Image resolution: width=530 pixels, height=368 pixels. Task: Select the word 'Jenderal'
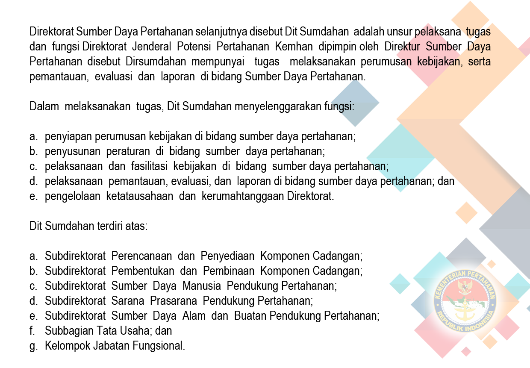151,47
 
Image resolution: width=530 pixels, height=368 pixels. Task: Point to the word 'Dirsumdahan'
156,61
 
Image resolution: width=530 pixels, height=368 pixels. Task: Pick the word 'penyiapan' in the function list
68,137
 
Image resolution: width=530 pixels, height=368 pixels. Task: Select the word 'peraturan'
128,151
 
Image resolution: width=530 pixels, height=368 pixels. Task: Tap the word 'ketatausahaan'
140,196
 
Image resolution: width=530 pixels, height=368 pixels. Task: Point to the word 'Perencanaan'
141,256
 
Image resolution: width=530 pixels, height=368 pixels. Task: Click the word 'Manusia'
202,286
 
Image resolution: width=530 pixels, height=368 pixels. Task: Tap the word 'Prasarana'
174,301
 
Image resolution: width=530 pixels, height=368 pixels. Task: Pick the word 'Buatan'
250,316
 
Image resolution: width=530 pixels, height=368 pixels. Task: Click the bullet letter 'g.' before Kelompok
33,346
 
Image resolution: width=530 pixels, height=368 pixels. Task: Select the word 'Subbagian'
68,331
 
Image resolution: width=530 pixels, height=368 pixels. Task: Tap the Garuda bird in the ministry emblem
465,287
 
